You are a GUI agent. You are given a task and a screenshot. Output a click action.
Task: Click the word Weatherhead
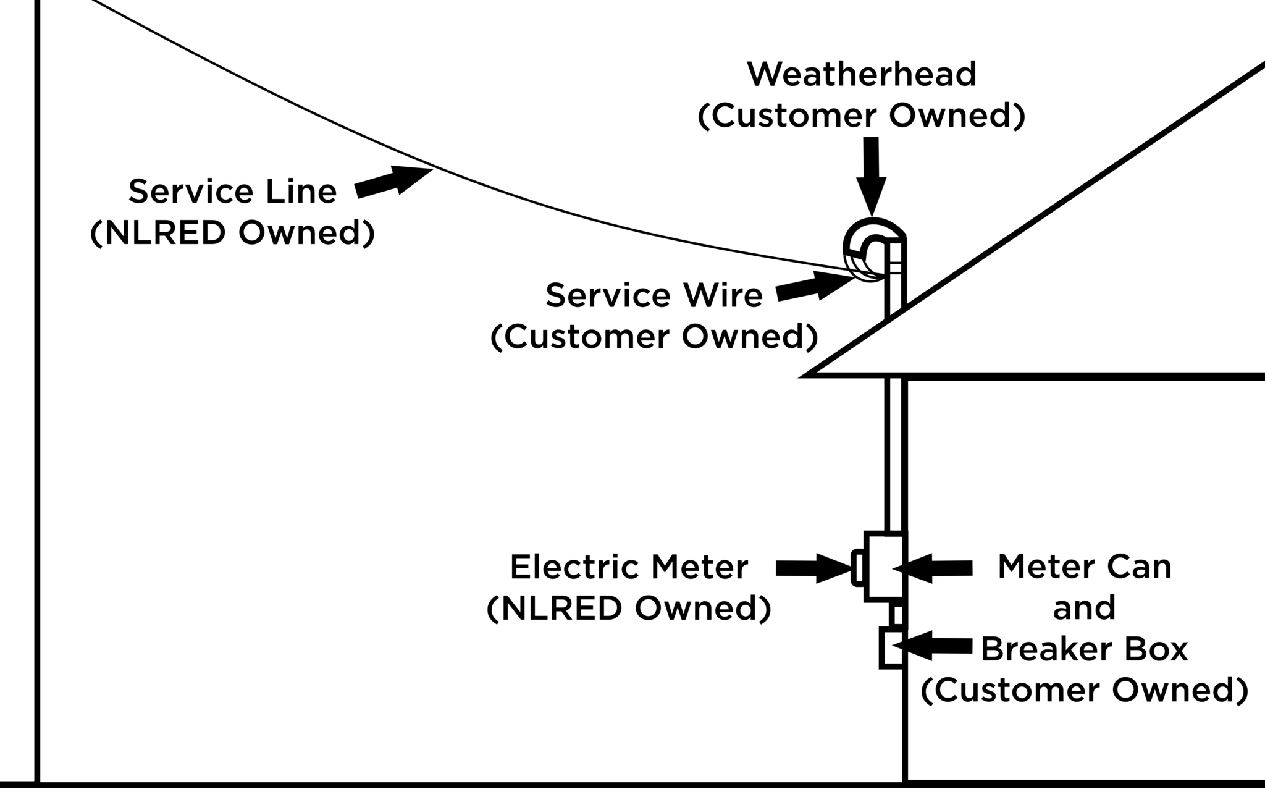[862, 75]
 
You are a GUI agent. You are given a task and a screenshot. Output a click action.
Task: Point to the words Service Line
[232, 192]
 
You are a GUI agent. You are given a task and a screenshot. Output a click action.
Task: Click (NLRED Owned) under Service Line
[232, 234]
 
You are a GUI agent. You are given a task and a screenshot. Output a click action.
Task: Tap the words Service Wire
[654, 295]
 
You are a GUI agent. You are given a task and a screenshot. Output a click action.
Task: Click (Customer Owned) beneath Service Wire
[654, 337]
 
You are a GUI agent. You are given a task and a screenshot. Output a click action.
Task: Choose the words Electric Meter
[629, 567]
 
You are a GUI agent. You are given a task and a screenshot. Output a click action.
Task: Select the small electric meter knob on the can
[857, 567]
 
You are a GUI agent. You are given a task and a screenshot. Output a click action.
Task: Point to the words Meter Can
[1084, 567]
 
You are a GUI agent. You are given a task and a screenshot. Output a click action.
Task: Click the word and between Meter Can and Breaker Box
[1084, 609]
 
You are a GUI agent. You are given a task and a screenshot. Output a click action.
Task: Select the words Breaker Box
[1084, 649]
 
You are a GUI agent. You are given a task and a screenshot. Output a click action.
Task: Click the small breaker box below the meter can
[891, 647]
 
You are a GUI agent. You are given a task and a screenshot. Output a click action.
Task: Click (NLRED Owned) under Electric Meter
[629, 609]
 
